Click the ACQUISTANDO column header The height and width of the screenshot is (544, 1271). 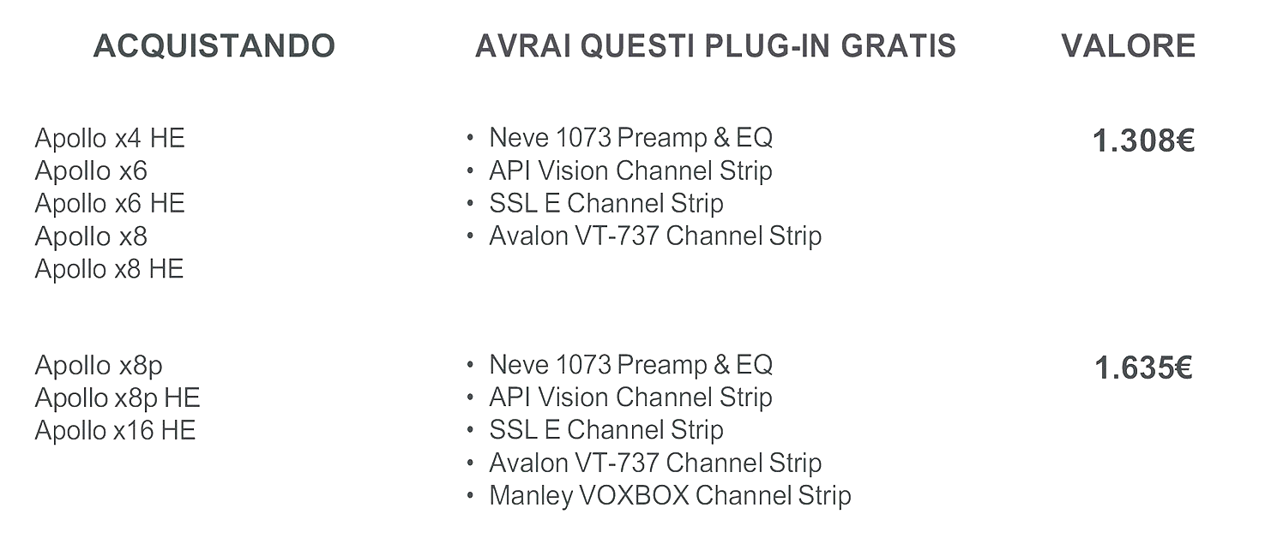pos(214,46)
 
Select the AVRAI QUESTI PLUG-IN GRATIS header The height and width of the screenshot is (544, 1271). pos(715,46)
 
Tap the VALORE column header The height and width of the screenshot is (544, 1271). pos(1128,46)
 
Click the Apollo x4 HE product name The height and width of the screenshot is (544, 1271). pos(110,138)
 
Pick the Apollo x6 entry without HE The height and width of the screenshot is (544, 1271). pos(91,170)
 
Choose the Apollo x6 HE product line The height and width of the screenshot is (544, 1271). pos(110,203)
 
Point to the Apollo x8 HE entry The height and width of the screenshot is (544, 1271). pos(109,269)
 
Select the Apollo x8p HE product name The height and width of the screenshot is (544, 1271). pos(117,398)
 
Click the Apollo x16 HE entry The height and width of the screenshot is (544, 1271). pos(115,430)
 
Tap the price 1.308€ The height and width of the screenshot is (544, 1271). pos(1143,140)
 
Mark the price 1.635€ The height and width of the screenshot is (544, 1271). pos(1143,368)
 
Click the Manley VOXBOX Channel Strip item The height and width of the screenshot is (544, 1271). pos(670,496)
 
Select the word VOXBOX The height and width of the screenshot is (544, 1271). pos(635,496)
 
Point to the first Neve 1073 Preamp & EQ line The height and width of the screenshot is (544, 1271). pos(631,138)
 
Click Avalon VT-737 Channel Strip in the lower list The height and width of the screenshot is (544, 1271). pos(655,463)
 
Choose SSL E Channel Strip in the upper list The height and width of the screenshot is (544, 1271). pos(606,203)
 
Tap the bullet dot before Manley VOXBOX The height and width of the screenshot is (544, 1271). pos(470,496)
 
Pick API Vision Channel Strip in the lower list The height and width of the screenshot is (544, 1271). pos(630,398)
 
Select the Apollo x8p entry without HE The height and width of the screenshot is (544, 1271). pos(99,366)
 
